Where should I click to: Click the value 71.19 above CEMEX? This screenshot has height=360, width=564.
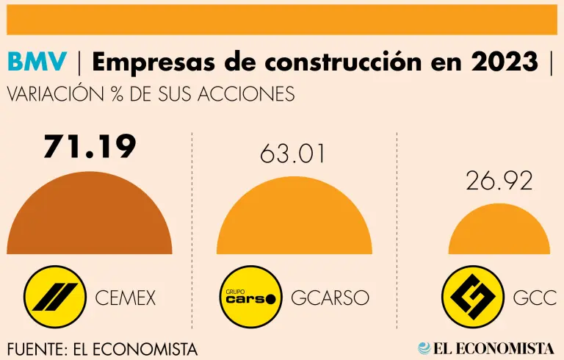[90, 146]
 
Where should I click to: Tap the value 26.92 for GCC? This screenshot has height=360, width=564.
[499, 181]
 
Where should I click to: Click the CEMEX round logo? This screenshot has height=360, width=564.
[51, 297]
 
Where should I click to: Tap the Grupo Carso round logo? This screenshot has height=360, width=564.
[250, 297]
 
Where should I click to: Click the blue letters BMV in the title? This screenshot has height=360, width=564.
[37, 63]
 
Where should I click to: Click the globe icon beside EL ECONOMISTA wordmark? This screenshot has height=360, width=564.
[425, 348]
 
